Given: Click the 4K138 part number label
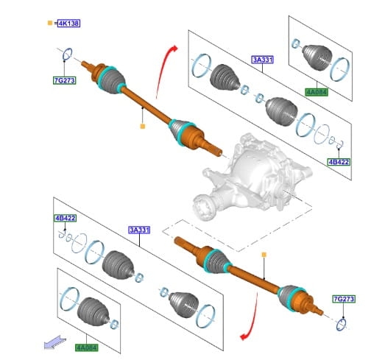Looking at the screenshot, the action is [68, 24].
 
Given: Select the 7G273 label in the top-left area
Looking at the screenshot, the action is [65, 80].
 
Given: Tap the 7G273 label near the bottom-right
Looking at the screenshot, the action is [344, 299].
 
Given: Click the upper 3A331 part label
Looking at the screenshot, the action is [263, 60].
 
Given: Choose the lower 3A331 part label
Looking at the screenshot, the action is [139, 230].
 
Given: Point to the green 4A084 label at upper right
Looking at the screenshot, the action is [317, 92].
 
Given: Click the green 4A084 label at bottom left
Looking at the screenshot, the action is [86, 347].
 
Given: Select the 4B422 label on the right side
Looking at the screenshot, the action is [339, 162].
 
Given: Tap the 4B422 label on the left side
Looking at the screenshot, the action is [65, 218].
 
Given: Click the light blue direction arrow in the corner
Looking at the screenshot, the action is [55, 342].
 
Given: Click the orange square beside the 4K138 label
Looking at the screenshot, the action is [50, 23].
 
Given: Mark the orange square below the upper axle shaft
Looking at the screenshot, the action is [142, 126].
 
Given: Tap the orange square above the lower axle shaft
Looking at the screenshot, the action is [264, 255].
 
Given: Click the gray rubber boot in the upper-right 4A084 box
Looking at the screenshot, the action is [317, 57].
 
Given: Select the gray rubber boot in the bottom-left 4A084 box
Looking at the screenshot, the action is [93, 312].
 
